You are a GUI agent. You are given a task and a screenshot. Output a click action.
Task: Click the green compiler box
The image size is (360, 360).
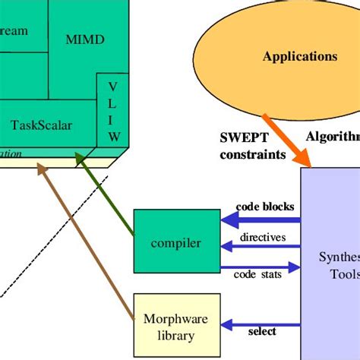(176, 242)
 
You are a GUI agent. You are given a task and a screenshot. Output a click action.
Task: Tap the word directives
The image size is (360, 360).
(263, 238)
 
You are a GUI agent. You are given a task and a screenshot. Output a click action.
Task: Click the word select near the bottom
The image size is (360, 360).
(262, 331)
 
